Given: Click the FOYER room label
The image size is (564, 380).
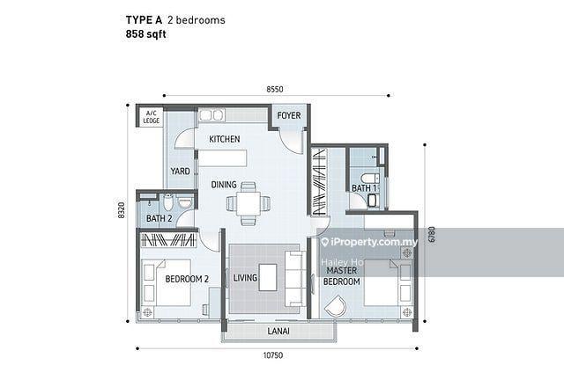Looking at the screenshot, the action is (x=289, y=115).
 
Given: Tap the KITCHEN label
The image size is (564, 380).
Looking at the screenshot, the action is (x=225, y=139).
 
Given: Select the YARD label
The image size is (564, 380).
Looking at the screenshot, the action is (x=180, y=171).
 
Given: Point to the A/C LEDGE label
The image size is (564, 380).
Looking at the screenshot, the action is (x=151, y=117).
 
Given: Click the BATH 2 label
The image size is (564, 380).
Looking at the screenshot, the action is (x=159, y=218).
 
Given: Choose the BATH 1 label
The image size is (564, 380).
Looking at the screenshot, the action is (x=364, y=188).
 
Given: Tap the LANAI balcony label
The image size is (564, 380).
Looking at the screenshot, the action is (x=278, y=331).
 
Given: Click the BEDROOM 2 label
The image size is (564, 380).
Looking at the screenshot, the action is (x=187, y=279).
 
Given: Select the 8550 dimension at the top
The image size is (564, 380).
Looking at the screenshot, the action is (x=275, y=89).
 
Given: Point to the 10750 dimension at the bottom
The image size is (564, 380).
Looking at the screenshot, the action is (x=273, y=355).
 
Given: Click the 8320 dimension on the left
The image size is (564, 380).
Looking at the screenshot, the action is (x=122, y=210).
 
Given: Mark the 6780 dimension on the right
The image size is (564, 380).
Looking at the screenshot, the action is (x=432, y=235).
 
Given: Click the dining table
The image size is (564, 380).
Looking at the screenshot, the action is (x=249, y=204).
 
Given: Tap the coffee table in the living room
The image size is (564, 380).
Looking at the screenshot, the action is (x=268, y=277).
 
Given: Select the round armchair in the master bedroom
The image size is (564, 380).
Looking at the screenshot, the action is (x=336, y=305).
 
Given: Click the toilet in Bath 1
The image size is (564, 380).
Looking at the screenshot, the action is (x=370, y=178).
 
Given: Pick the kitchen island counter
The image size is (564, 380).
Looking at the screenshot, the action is (x=223, y=158).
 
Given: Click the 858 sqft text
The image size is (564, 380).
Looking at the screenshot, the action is (x=145, y=34).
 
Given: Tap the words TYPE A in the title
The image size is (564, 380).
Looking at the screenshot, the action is (x=144, y=20).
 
